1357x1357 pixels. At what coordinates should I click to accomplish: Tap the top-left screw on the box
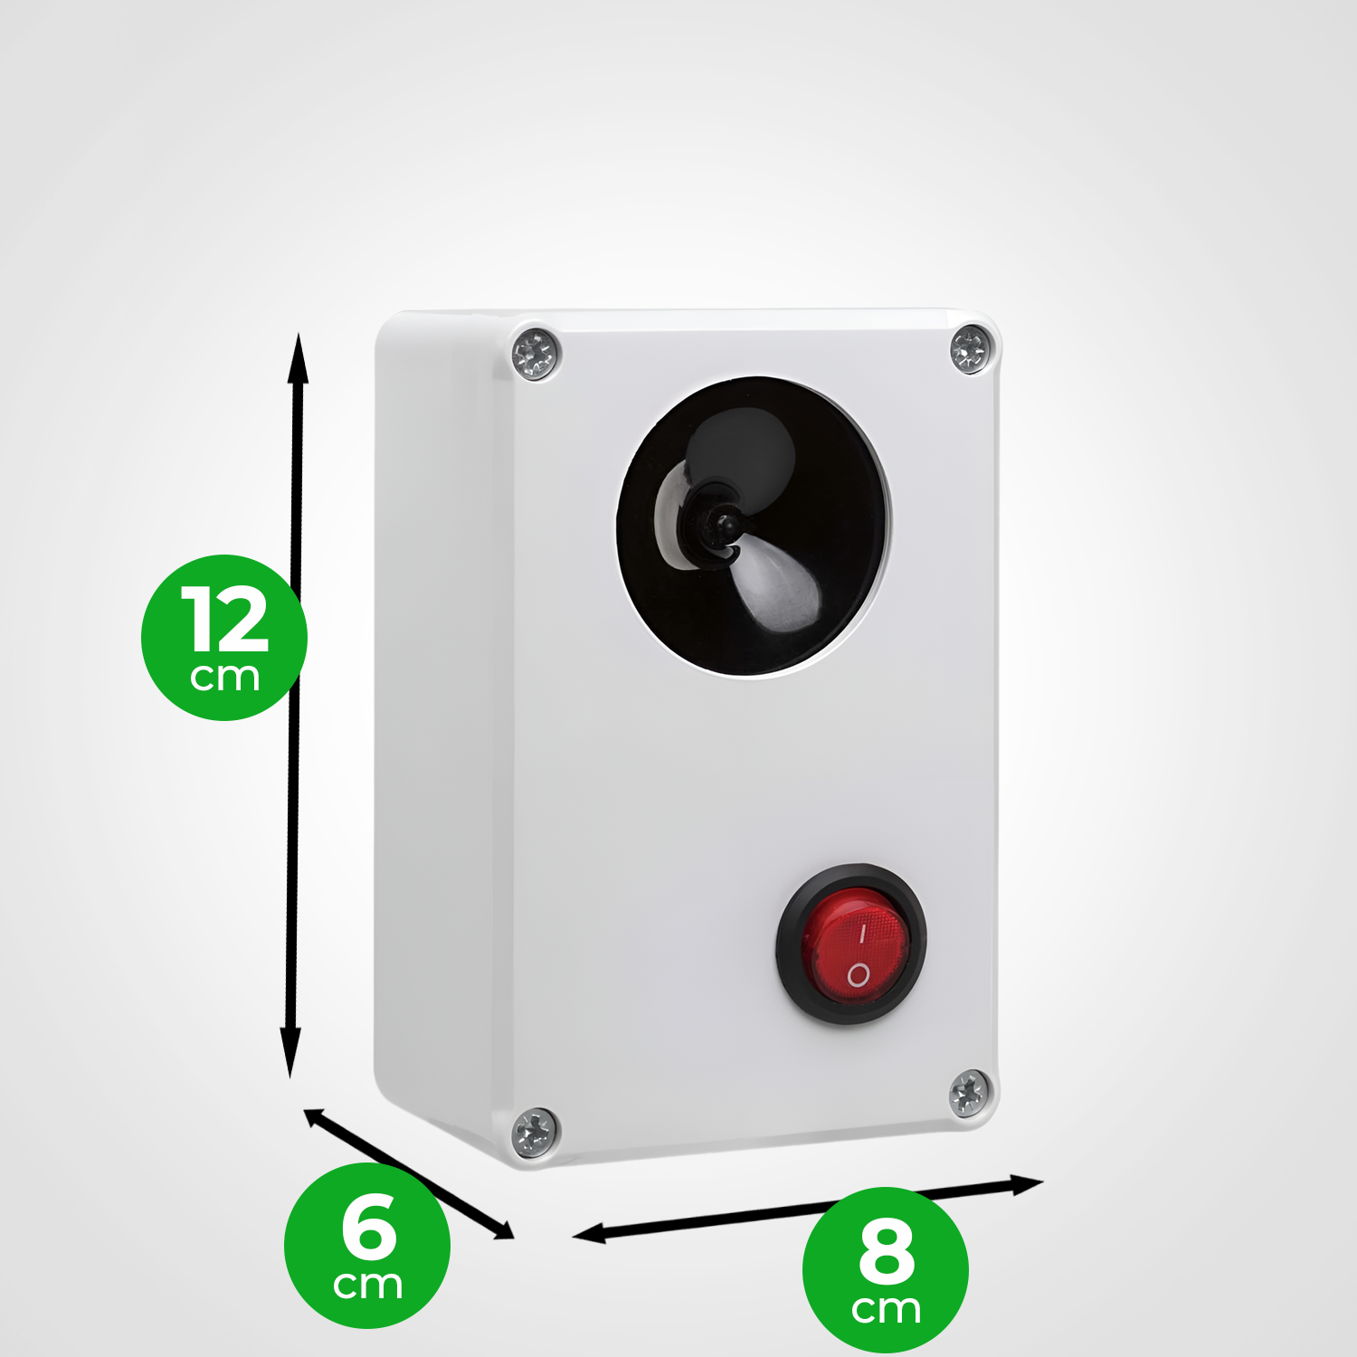coord(536,354)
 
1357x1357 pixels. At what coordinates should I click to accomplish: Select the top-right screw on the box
coord(972,348)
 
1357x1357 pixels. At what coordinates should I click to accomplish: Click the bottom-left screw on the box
coord(535,1133)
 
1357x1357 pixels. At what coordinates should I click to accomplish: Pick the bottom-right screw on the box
coord(969,1093)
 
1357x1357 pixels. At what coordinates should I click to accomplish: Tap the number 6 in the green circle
coord(369,1226)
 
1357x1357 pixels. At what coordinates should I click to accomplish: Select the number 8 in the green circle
coord(887,1251)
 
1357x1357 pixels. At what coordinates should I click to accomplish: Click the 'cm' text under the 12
coord(225,678)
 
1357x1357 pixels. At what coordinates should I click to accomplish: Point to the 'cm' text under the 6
coord(367,1286)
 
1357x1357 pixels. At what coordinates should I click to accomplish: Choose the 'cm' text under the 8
coord(886,1310)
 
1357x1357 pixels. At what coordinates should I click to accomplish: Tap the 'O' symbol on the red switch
coord(858,975)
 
